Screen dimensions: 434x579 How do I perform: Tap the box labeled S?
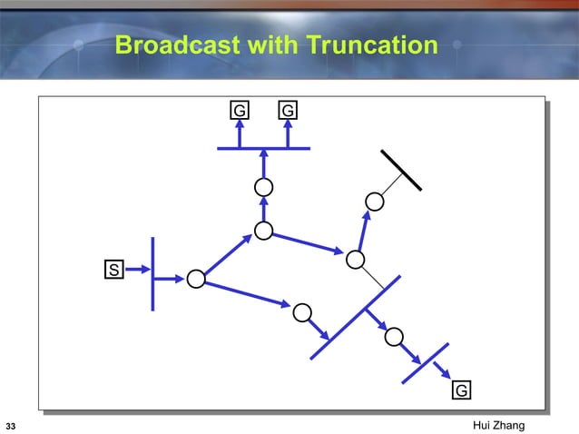pyautogui.click(x=113, y=270)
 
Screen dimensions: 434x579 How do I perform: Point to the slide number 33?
pyautogui.click(x=11, y=426)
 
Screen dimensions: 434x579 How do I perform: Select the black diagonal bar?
pyautogui.click(x=401, y=169)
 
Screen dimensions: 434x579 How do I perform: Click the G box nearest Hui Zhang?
pyautogui.click(x=461, y=390)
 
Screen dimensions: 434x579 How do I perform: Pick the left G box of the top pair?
pyautogui.click(x=239, y=111)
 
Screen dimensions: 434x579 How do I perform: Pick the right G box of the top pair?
pyautogui.click(x=288, y=111)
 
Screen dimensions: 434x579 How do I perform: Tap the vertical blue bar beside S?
pyautogui.click(x=153, y=272)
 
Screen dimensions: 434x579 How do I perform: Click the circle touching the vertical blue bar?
pyautogui.click(x=195, y=279)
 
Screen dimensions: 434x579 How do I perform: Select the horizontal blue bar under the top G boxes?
pyautogui.click(x=264, y=148)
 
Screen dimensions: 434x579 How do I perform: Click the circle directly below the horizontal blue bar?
pyautogui.click(x=264, y=187)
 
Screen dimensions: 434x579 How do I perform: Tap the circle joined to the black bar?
pyautogui.click(x=373, y=201)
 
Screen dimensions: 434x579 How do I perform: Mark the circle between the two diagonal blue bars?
pyautogui.click(x=394, y=337)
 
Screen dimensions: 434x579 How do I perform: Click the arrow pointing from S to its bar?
pyautogui.click(x=139, y=270)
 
